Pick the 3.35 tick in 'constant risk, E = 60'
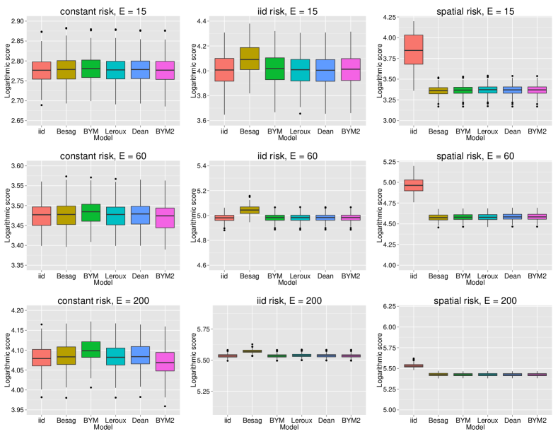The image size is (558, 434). coord(19,265)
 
